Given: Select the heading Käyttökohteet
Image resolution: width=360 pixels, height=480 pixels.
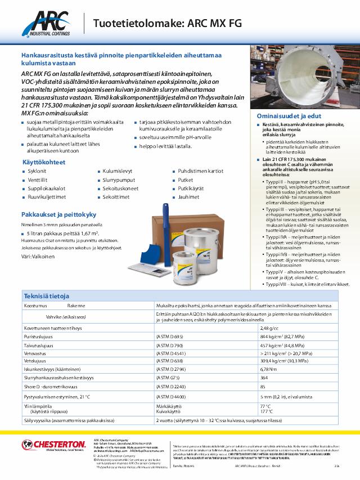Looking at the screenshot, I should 44,162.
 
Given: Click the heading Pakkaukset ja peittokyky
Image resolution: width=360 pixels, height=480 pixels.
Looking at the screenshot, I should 59,215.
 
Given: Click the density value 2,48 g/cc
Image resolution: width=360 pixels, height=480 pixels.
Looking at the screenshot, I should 269,328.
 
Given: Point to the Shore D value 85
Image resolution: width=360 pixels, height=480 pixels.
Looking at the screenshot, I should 263,387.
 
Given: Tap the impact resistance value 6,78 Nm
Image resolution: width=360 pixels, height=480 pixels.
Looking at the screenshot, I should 268,370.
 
